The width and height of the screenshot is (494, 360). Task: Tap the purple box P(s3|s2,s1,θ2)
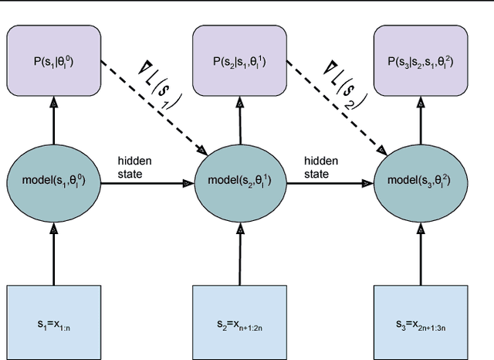pos(422,55)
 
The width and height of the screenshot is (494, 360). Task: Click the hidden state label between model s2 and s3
pos(316,168)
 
